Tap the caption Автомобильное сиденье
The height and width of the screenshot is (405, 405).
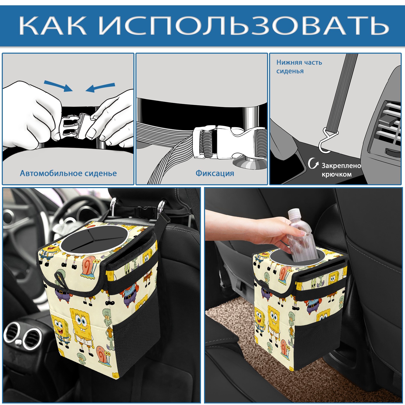click(x=68, y=173)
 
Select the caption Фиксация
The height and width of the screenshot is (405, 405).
click(x=215, y=173)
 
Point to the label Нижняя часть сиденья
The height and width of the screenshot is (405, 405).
click(x=299, y=67)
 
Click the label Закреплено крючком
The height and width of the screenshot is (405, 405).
click(x=341, y=170)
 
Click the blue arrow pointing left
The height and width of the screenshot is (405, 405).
click(x=100, y=88)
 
